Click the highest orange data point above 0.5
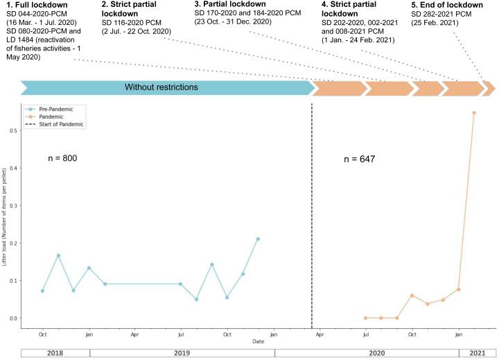(474, 112)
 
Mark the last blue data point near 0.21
(258, 239)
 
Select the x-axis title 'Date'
(258, 341)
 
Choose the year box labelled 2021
(478, 353)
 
